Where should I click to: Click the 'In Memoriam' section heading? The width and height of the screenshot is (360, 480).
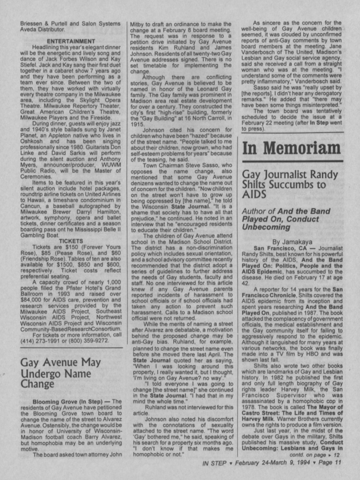tap(291, 148)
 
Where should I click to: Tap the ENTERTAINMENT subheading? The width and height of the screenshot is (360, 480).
tap(71, 41)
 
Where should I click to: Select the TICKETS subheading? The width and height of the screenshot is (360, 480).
tap(71, 241)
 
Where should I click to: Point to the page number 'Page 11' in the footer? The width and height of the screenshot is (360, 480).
tap(330, 463)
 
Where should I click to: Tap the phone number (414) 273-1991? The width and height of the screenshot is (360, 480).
tap(38, 341)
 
